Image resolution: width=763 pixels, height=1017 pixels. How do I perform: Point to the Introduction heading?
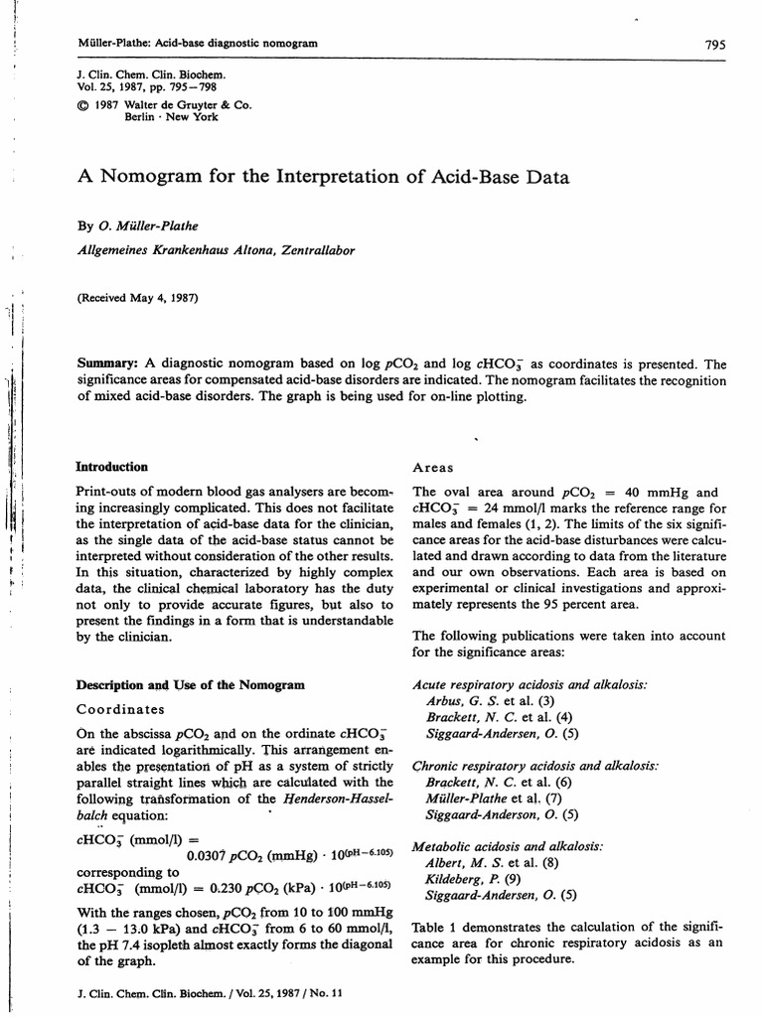112,467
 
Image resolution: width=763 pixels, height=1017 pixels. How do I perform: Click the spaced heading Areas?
433,467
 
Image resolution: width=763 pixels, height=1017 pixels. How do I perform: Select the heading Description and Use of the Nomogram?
183,685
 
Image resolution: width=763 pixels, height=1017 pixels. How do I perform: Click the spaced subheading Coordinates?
121,709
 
